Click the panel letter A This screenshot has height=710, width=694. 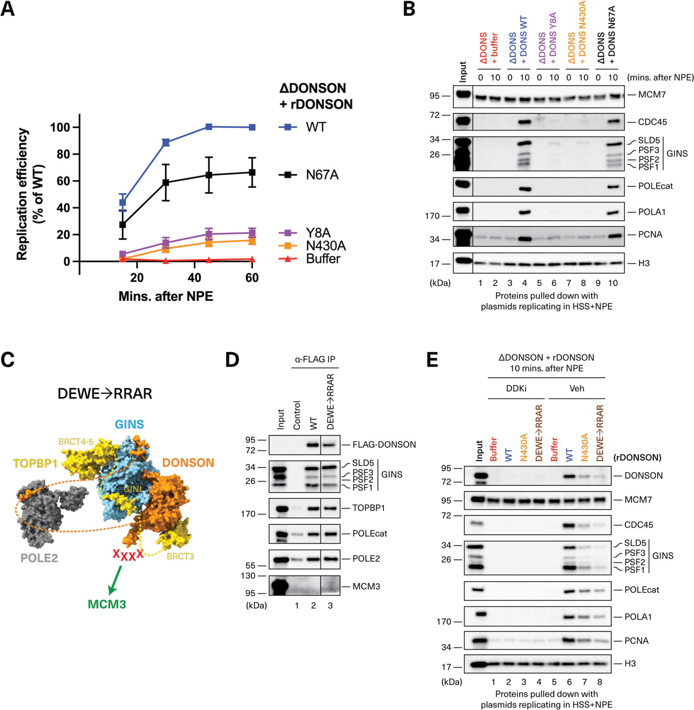pos(8,9)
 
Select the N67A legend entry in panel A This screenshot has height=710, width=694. pos(322,175)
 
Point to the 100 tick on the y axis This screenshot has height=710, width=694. pos(60,127)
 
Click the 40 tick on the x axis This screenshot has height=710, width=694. pos(194,278)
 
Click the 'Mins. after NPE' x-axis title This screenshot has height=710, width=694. pos(166,296)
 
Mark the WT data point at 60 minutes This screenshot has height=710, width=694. pos(252,127)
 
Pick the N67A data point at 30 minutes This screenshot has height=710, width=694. pos(166,183)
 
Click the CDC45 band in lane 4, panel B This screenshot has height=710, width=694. pos(524,122)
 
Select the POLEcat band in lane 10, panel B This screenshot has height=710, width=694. pos(613,187)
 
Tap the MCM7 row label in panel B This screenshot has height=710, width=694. pos(652,95)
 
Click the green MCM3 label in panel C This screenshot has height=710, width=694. pos(107,604)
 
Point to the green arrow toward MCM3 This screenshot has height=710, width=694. pos(115,580)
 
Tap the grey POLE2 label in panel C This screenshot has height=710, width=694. pos(39,558)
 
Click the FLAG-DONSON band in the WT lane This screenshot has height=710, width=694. pos(313,445)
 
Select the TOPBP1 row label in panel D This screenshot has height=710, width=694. pos(368,508)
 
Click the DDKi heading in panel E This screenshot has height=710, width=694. pos(516,389)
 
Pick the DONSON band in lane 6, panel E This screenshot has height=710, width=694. pos(569,476)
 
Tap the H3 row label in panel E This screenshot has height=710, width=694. pos(630,663)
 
